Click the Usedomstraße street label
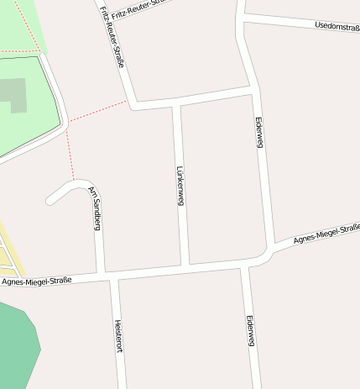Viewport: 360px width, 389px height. point(337,27)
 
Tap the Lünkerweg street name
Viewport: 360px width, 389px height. point(180,186)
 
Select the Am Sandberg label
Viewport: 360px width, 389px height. point(96,208)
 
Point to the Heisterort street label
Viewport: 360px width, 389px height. point(118,337)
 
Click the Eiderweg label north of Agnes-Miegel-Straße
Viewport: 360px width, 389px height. point(259,133)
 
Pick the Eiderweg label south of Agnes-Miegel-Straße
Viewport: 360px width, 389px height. point(249,331)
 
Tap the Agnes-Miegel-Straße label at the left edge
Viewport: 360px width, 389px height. point(37,281)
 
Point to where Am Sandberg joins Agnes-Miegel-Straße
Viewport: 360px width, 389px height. point(101,276)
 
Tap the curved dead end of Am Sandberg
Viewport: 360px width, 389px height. point(50,199)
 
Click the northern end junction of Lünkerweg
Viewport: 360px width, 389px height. point(176,103)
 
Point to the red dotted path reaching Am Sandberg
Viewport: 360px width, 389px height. point(71,155)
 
